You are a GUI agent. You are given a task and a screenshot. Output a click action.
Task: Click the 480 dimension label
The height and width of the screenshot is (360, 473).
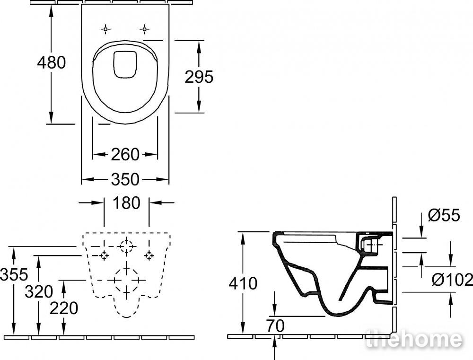pos(51,62)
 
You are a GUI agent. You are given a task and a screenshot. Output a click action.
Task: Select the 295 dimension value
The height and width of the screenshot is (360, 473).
pos(199,77)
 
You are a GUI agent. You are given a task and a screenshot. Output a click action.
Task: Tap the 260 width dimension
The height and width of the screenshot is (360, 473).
pos(125,155)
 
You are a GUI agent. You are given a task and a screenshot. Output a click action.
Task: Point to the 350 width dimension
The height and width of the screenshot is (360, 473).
pos(125,180)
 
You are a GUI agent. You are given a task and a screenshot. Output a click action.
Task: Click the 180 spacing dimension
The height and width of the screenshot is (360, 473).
pos(126,203)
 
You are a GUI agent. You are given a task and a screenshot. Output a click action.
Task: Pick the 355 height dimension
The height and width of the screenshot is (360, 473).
pos(14,275)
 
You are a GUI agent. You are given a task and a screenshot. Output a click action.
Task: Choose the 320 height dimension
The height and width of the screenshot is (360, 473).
pos(39,292)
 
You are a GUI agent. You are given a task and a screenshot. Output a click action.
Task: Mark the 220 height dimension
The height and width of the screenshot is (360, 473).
pos(64,308)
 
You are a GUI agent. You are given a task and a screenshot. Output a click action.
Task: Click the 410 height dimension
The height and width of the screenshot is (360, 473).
pos(243,284)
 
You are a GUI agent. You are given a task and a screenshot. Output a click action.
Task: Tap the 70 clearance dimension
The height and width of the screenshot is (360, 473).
pos(275,325)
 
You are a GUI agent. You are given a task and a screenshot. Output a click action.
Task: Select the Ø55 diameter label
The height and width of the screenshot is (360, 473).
pos(444,215)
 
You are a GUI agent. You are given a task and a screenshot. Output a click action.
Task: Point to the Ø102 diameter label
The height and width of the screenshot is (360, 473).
pos(452,280)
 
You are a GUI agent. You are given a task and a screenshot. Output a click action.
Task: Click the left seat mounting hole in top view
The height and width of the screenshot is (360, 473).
pos(105,29)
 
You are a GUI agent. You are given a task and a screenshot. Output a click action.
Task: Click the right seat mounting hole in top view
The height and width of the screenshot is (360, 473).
pos(144,29)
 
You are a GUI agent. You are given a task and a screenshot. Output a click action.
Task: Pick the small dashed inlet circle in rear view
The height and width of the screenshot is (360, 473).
pos(126,246)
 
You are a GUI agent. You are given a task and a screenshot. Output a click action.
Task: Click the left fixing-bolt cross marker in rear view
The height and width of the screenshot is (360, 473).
pos(105,255)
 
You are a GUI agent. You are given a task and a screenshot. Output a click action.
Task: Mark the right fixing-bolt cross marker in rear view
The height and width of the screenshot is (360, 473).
pos(149,255)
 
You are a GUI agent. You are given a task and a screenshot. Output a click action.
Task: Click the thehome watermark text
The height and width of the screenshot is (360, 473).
pos(414,339)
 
